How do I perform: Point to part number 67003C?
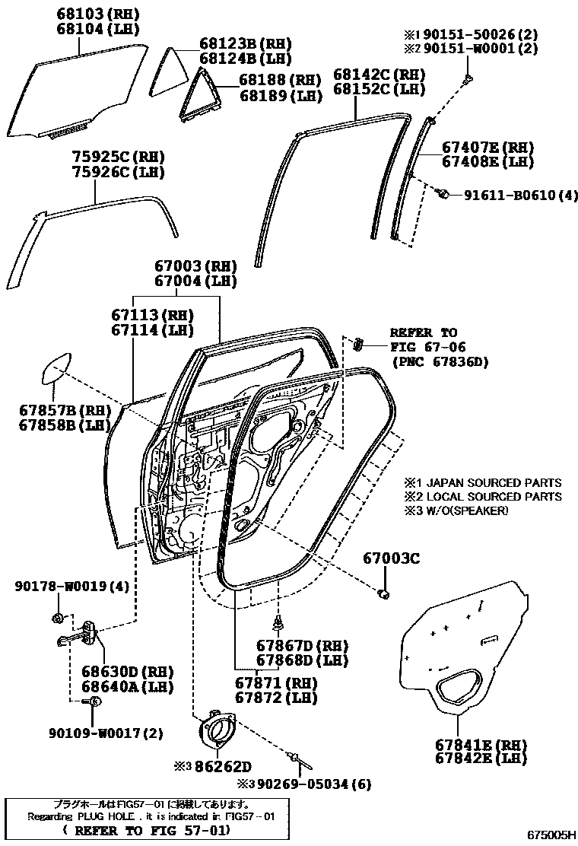[389, 558]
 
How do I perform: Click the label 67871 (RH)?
[275, 682]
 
